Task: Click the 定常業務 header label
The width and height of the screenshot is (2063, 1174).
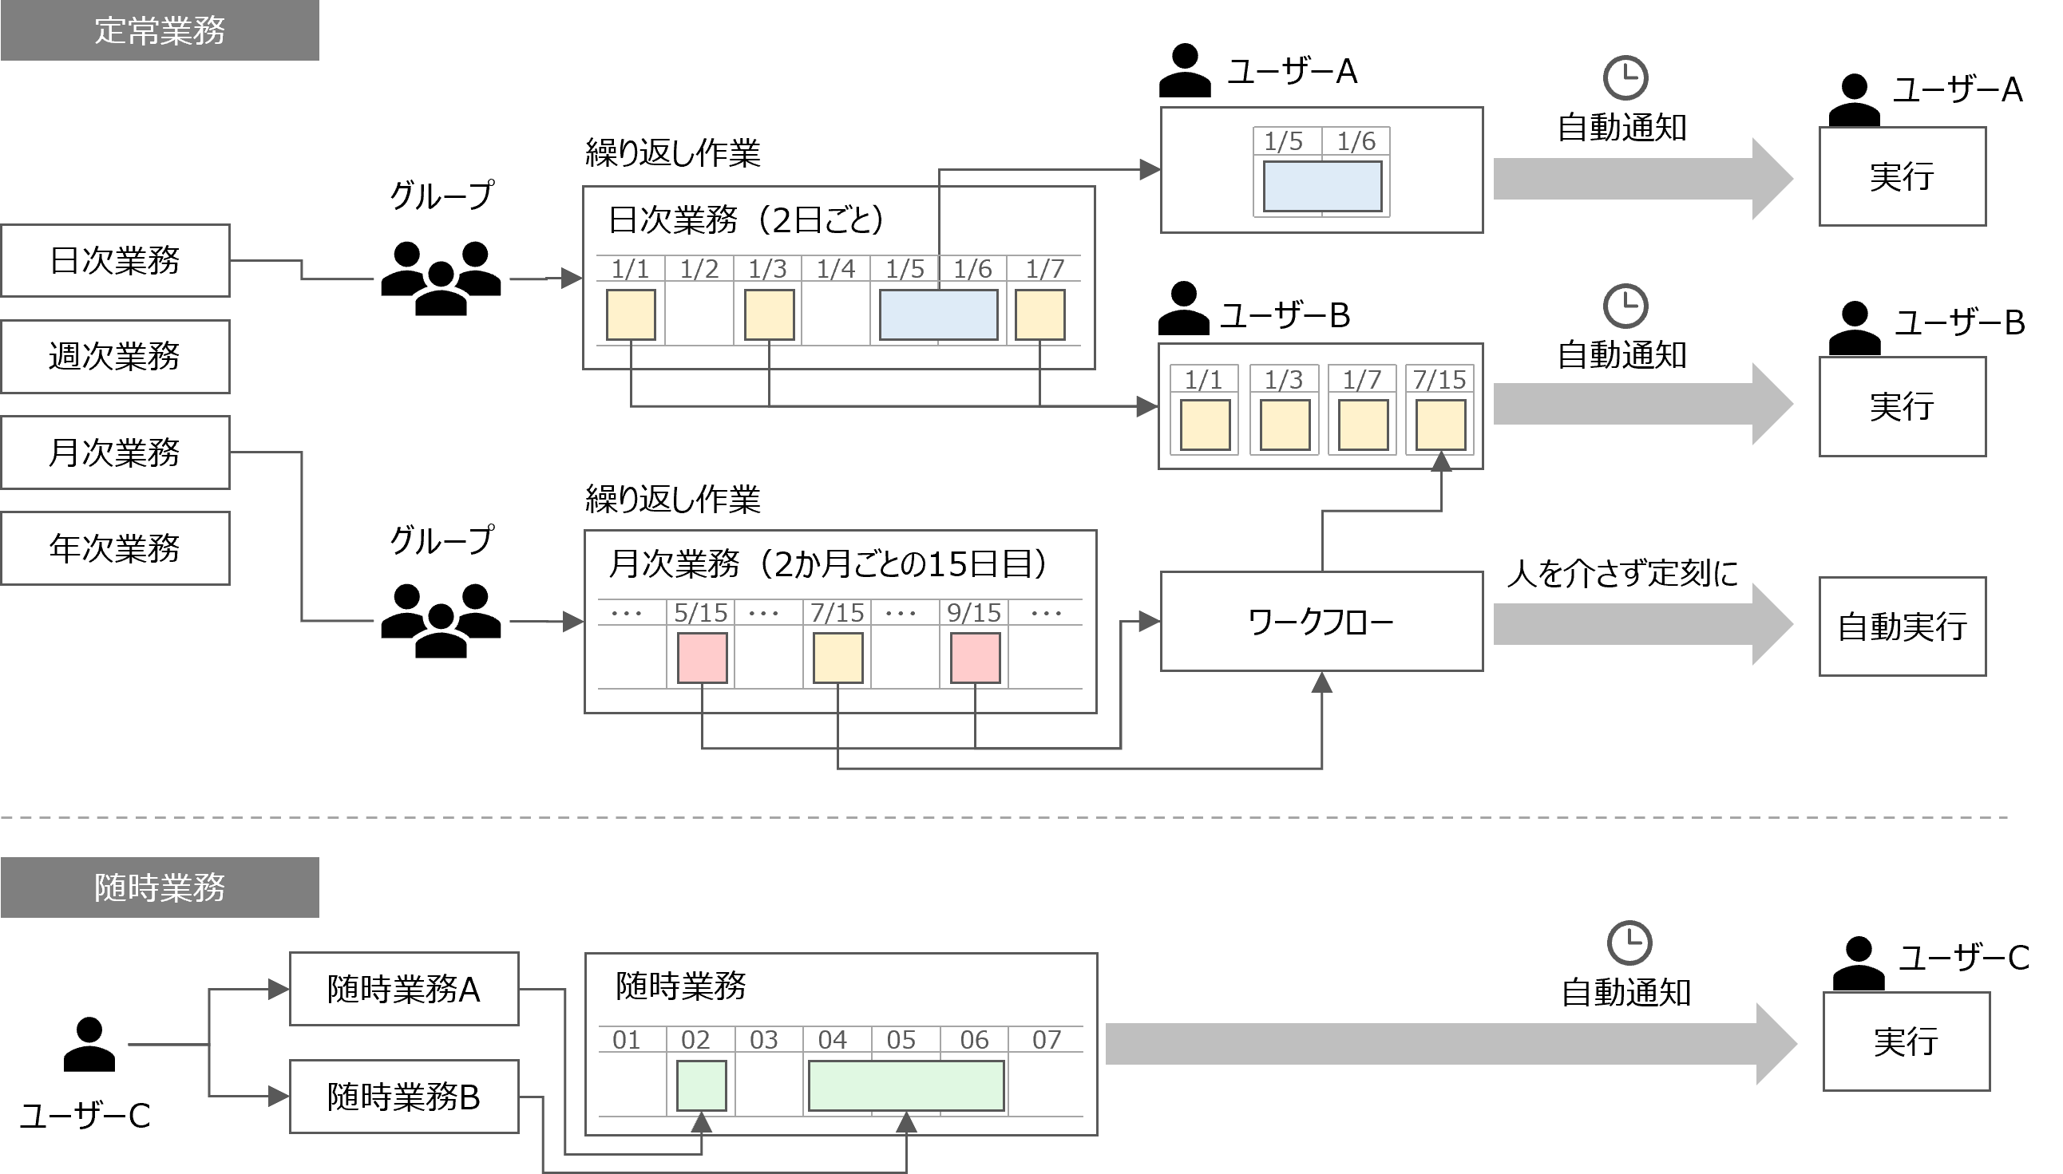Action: click(160, 30)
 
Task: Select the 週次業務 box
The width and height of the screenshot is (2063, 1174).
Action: click(115, 357)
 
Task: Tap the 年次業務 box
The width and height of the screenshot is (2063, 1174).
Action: click(115, 548)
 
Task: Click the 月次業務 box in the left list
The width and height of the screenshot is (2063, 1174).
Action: click(115, 453)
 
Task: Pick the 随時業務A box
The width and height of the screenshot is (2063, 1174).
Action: click(404, 990)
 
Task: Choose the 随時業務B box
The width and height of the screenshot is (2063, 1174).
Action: click(404, 1097)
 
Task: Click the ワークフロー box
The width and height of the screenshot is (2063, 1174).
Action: click(1321, 622)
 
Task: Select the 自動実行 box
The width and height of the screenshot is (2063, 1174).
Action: click(1902, 627)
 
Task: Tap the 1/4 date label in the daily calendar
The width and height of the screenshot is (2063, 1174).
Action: click(836, 268)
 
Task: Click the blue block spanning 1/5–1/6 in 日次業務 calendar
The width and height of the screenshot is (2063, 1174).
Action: click(938, 314)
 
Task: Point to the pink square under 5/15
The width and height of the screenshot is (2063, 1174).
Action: click(702, 658)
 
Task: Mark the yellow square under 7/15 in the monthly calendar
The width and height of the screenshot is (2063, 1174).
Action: click(838, 658)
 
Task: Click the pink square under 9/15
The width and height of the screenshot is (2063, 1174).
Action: click(975, 658)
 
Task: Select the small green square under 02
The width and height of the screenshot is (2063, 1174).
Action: click(701, 1085)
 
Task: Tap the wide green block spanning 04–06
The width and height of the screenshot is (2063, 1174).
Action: click(905, 1085)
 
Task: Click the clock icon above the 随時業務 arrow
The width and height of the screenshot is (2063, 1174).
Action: click(1630, 941)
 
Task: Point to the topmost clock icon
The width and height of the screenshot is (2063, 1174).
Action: click(1625, 78)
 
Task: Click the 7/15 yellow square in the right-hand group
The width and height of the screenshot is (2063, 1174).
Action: click(1440, 424)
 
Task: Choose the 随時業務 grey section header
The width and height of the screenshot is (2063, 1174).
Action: click(160, 887)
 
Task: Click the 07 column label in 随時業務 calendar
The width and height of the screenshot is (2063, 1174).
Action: click(1047, 1039)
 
